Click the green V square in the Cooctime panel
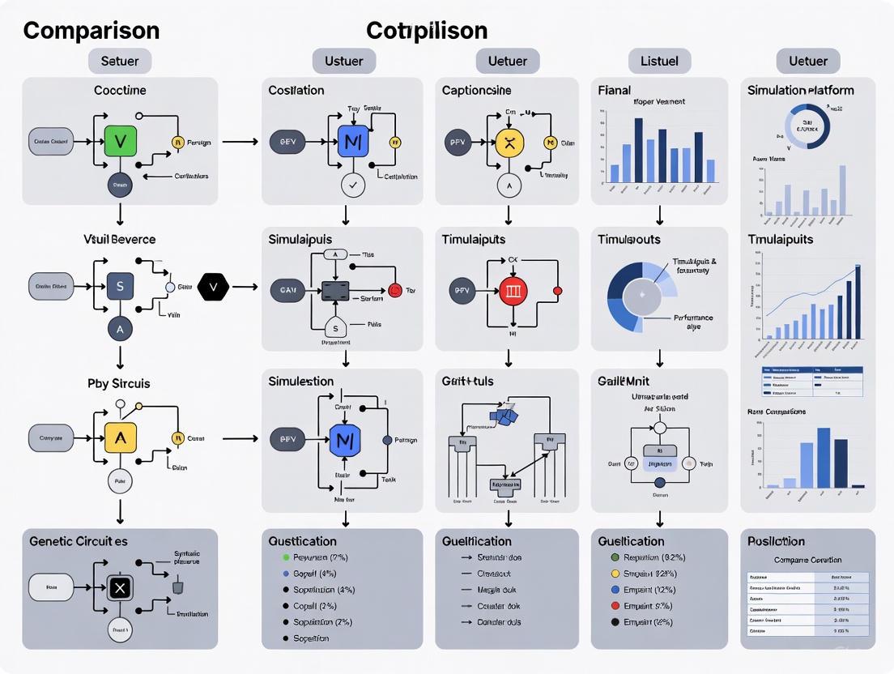[x=121, y=141]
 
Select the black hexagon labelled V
[x=214, y=286]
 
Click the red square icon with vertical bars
[x=512, y=290]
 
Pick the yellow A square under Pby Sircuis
[x=121, y=438]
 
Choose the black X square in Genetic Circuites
[x=120, y=587]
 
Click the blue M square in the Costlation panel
[x=352, y=141]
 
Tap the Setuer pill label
[x=120, y=61]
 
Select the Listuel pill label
[x=660, y=61]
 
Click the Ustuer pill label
[x=343, y=61]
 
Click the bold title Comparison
[x=91, y=31]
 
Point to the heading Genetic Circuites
[x=79, y=540]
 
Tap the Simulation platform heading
[x=800, y=90]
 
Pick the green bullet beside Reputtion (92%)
[x=615, y=558]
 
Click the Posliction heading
[x=776, y=541]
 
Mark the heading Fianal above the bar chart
[x=615, y=90]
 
